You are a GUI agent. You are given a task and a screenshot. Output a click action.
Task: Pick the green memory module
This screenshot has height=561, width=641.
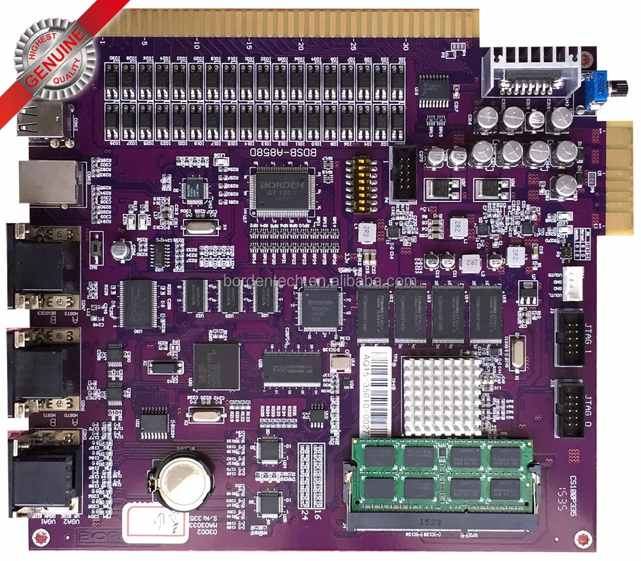tap(442, 473)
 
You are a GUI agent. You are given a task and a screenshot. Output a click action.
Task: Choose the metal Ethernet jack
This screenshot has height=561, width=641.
tap(47, 183)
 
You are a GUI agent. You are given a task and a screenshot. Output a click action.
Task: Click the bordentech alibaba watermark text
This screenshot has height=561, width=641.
tap(320, 281)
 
